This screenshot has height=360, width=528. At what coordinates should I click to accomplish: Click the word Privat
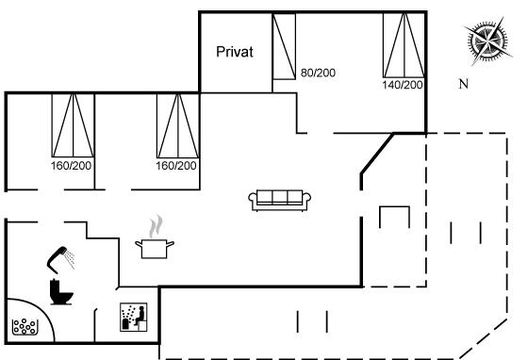coord(235,52)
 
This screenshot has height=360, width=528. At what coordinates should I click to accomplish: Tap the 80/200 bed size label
coord(318,73)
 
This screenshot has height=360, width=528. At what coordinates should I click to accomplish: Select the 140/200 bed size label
coord(403,85)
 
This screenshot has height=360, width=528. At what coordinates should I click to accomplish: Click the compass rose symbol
coord(487,41)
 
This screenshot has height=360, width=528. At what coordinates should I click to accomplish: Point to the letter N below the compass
coord(464,84)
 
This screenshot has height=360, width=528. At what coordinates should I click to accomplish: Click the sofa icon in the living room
coord(279,201)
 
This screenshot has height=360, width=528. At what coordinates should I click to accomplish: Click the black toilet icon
coord(61,292)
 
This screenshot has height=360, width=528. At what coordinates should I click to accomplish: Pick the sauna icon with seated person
coord(134,317)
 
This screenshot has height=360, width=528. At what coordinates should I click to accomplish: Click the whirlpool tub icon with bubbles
coord(24,327)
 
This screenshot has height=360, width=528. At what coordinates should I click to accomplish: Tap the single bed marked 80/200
coord(284,46)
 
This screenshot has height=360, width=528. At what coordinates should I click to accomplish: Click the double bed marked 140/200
coord(404,45)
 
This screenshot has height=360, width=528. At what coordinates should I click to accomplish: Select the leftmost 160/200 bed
coord(73,126)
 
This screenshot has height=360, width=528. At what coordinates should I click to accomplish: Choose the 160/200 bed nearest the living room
coord(178,126)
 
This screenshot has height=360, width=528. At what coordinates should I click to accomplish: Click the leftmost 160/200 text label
coord(71,166)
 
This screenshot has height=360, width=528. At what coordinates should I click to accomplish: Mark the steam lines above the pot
coord(156,226)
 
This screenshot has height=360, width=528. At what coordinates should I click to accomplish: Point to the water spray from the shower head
coord(70,260)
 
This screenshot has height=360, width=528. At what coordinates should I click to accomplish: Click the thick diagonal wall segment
coord(377,154)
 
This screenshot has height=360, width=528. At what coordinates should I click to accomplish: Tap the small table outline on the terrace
coord(395,207)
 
